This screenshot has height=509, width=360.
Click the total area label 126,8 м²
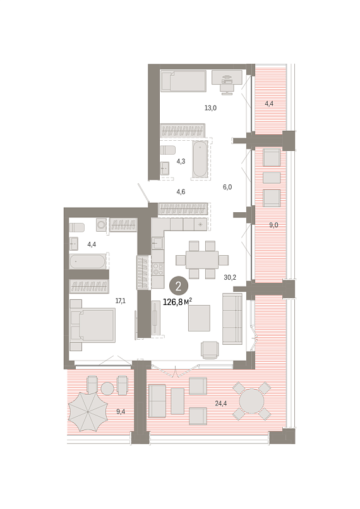pos(177,302)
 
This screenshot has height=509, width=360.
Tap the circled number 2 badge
pos(178,286)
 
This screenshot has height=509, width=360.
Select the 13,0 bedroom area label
pos(210,108)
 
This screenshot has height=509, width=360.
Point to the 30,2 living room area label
pos(230,277)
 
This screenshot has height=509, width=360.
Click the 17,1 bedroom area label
pos(121,301)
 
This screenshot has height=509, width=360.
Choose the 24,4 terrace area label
pos(221,404)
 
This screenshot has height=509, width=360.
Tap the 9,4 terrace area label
pos(121,412)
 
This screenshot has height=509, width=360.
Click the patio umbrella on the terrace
pos(88,412)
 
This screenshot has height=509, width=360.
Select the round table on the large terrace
pos(251,401)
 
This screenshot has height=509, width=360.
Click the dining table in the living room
pos(202,260)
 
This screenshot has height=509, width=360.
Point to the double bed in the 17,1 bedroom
pos(93,325)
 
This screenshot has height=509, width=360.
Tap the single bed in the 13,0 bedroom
pos(183,81)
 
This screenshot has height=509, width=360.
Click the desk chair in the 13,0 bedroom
pos(227,85)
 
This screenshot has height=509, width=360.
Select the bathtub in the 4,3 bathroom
pos(200,159)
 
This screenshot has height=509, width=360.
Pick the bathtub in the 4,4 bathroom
pos(88,261)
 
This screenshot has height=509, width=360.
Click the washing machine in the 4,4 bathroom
pos(102,224)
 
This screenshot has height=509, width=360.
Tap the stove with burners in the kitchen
pos(158,269)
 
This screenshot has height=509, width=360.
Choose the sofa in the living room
pos(232,318)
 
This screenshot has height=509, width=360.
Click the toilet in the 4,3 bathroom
pos(168,150)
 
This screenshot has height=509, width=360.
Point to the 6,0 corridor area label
pos(227,187)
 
